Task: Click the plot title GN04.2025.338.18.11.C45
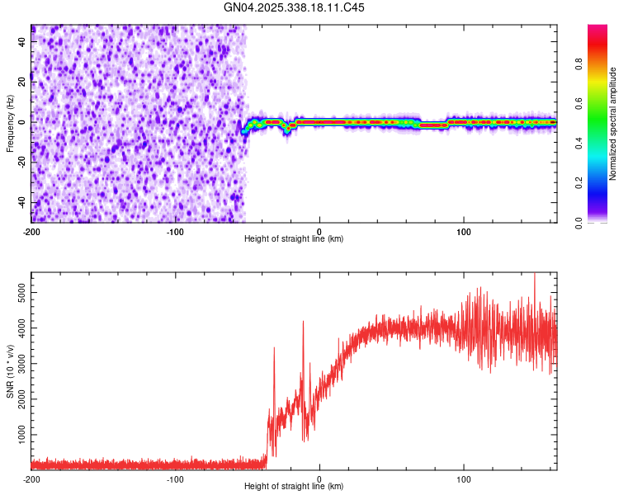294,7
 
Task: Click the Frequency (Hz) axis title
10,123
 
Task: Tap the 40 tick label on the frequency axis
21,41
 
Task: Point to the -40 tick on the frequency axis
21,202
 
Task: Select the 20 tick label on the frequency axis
21,82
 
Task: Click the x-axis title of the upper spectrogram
294,239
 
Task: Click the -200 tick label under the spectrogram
31,231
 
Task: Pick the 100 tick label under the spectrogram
464,231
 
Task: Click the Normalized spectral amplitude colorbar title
613,123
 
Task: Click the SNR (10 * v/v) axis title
10,370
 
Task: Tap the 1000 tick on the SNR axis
18,434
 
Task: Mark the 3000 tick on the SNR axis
18,363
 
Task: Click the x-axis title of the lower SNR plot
294,487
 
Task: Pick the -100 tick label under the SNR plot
175,478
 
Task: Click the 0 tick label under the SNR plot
319,478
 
